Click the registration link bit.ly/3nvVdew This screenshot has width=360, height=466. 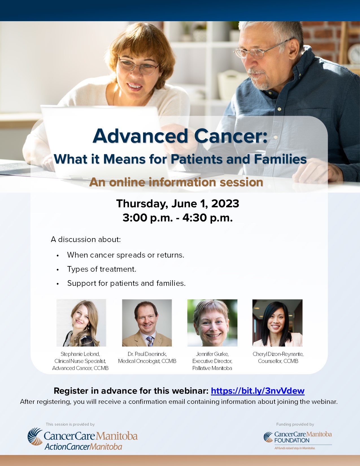[258, 391]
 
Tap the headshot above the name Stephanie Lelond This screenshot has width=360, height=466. [81, 323]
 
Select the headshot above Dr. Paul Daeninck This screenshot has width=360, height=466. [147, 323]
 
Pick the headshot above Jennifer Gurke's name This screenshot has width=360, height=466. [212, 323]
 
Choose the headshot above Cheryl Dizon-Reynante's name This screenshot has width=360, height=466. [278, 323]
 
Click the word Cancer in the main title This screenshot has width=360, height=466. [231, 136]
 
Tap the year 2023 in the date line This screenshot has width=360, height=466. [225, 203]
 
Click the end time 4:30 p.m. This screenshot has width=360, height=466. [207, 218]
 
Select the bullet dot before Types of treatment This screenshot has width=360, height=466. [58, 270]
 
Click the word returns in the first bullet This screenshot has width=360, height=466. [171, 255]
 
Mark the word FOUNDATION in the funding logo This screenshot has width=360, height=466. [292, 440]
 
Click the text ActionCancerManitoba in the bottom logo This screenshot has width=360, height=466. [83, 447]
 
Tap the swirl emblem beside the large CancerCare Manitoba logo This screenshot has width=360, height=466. [35, 436]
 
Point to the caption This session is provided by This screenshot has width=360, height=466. [70, 424]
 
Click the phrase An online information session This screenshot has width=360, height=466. [176, 182]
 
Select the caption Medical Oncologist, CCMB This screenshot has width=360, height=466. [147, 361]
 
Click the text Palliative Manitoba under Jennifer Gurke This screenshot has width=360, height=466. [212, 368]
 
